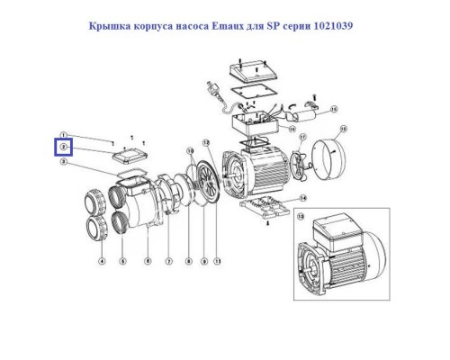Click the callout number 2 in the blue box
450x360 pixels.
(x=63, y=146)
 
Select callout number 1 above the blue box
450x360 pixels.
(x=63, y=134)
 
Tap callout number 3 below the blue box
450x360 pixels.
(x=63, y=163)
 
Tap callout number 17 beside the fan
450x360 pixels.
(x=301, y=138)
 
